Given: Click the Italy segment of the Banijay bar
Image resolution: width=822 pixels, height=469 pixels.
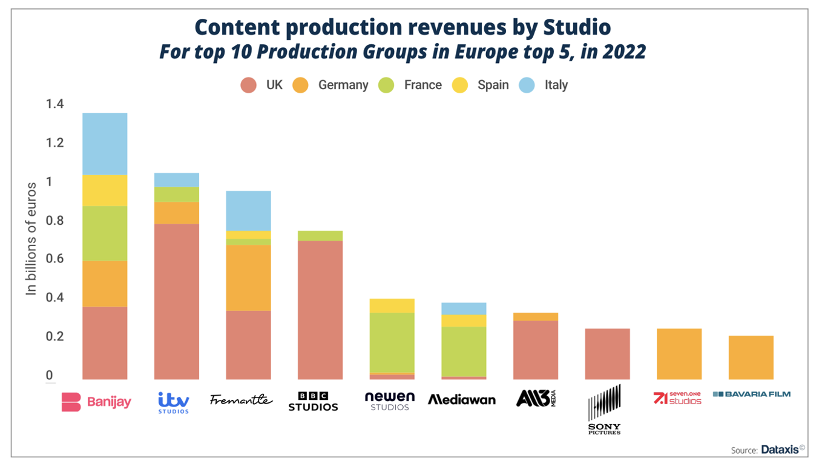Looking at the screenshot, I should pyautogui.click(x=105, y=144).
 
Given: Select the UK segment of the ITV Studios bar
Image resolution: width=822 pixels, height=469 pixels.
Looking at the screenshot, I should pyautogui.click(x=177, y=301).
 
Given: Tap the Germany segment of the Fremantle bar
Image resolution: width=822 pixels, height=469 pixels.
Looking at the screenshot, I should pyautogui.click(x=248, y=278).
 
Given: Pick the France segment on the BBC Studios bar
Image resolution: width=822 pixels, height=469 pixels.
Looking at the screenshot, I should pyautogui.click(x=320, y=236).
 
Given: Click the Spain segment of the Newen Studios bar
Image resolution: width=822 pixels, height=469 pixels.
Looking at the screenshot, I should pyautogui.click(x=392, y=305).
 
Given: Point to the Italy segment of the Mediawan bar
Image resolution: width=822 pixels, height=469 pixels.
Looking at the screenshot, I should pyautogui.click(x=464, y=308).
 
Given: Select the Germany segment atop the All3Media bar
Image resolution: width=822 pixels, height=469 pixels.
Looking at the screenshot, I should pyautogui.click(x=536, y=316).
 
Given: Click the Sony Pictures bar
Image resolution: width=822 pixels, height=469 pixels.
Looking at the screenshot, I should pyautogui.click(x=607, y=354).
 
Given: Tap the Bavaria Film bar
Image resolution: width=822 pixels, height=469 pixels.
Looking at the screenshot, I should pyautogui.click(x=751, y=358).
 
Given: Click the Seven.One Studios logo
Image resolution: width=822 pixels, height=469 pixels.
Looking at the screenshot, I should pyautogui.click(x=677, y=398).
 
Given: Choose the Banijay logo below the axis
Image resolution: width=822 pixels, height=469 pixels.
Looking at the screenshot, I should pyautogui.click(x=96, y=402).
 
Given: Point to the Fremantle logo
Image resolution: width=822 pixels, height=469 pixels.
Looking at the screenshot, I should pyautogui.click(x=241, y=399).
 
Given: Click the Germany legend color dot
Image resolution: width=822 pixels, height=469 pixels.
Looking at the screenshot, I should pyautogui.click(x=301, y=85).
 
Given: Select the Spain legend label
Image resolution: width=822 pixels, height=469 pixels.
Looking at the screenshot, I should pyautogui.click(x=493, y=85).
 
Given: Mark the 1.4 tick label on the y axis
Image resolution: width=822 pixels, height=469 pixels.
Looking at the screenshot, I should pyautogui.click(x=54, y=104).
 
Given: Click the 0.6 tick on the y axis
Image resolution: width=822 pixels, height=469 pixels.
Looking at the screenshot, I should pyautogui.click(x=54, y=259).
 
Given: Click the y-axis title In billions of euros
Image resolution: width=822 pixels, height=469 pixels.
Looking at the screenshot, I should pyautogui.click(x=31, y=239).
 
